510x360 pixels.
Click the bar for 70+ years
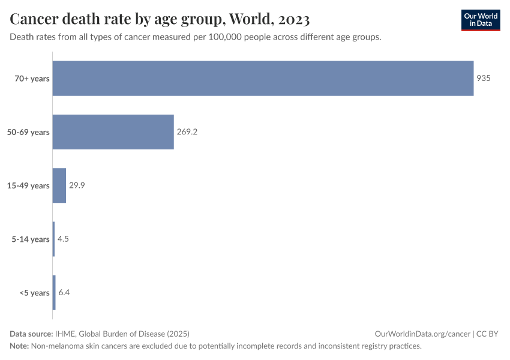(263, 78)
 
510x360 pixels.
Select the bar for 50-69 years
(113, 132)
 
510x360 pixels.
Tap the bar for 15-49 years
(59, 185)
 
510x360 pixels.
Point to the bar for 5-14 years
(53, 239)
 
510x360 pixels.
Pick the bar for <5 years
(54, 293)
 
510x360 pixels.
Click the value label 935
(484, 78)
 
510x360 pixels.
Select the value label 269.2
(187, 132)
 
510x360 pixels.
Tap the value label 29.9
(77, 185)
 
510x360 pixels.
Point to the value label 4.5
(64, 239)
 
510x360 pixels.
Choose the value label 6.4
(64, 293)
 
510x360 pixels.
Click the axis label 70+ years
(32, 78)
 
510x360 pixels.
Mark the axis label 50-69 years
(28, 132)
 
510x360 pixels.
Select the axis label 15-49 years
(28, 185)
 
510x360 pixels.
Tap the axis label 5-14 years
(31, 239)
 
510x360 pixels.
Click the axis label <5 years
(34, 293)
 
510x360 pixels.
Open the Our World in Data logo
(481, 20)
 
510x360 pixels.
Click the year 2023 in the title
(294, 20)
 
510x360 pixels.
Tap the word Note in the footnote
(19, 346)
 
